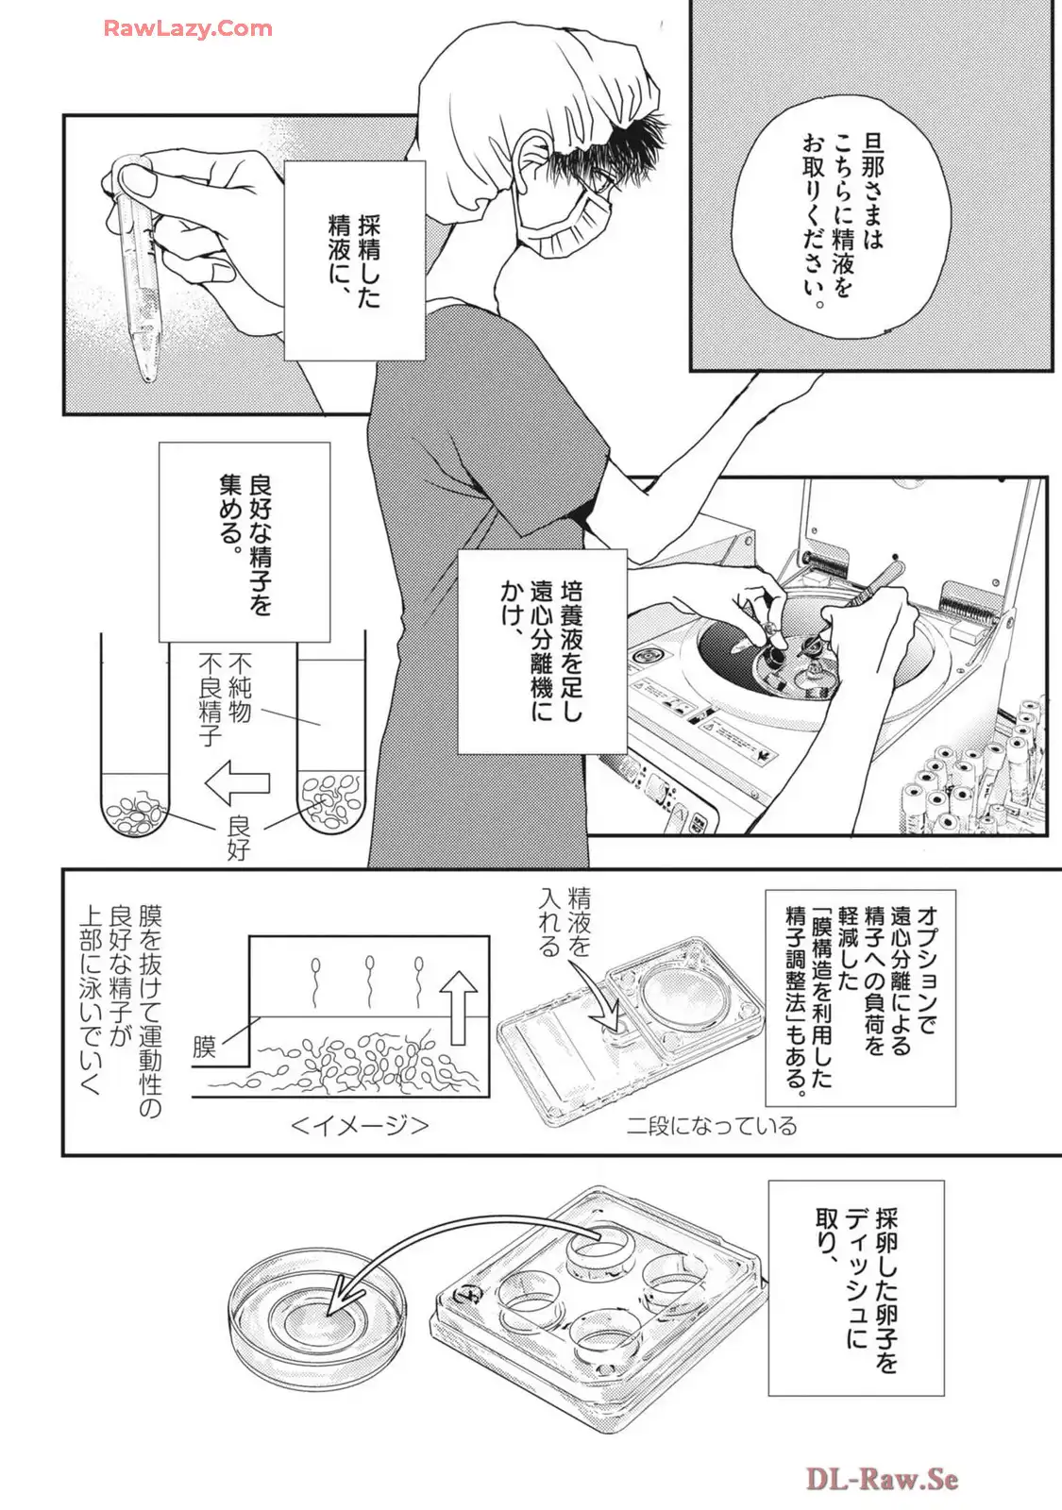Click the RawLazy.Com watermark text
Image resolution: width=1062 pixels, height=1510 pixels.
click(x=187, y=28)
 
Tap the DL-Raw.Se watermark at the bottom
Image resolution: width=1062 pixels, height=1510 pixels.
click(x=882, y=1478)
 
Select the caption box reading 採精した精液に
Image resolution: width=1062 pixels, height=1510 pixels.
click(x=354, y=260)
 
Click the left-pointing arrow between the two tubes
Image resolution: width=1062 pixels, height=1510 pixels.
click(x=237, y=782)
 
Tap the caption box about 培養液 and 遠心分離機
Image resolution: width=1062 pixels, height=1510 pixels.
click(x=542, y=651)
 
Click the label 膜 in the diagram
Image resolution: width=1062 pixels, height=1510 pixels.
click(x=205, y=1046)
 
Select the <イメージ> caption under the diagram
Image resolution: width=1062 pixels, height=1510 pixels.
click(x=360, y=1125)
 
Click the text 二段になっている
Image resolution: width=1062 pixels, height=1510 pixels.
click(x=712, y=1125)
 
